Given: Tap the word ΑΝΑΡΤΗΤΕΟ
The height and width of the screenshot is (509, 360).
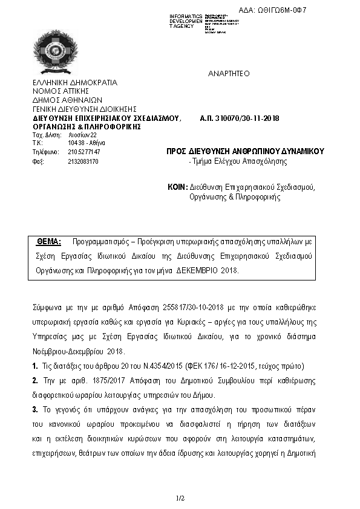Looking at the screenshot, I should (x=229, y=73).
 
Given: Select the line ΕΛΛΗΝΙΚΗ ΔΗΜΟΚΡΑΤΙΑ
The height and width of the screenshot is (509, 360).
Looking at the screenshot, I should (x=75, y=83).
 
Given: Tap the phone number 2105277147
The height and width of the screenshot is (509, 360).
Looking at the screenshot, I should (x=84, y=152).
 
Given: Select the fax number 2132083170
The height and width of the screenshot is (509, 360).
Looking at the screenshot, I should (x=83, y=161).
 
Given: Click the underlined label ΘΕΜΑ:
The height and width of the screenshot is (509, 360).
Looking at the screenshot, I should (x=49, y=241).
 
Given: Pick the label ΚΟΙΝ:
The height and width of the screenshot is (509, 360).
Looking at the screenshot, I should (x=177, y=187).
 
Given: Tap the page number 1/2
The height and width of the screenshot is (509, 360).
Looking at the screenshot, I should (x=180, y=498).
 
